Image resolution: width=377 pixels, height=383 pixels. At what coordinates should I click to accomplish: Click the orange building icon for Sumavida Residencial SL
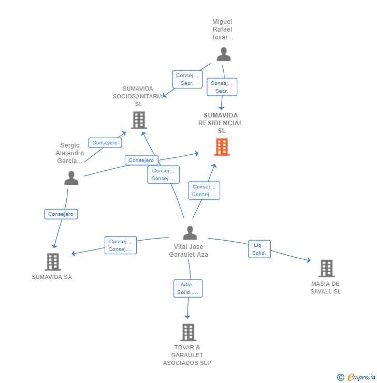click(x=222, y=147)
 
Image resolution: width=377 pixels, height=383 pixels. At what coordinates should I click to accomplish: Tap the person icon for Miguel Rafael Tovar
click(x=223, y=54)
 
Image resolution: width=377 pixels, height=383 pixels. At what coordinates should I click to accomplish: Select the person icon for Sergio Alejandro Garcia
click(x=71, y=178)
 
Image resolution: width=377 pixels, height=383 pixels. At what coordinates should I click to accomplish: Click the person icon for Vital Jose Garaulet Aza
click(x=190, y=233)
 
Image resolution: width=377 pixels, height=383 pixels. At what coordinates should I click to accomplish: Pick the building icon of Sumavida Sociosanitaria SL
click(x=139, y=120)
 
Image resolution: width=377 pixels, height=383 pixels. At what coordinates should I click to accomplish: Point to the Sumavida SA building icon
click(x=53, y=262)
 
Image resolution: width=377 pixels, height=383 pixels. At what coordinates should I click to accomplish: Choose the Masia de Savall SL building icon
click(x=326, y=269)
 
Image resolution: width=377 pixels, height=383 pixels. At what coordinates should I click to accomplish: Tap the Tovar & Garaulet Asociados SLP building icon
click(x=188, y=332)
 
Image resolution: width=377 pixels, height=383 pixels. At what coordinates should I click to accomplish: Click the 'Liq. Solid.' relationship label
click(x=259, y=249)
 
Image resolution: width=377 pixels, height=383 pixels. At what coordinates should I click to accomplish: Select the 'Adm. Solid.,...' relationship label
click(x=187, y=288)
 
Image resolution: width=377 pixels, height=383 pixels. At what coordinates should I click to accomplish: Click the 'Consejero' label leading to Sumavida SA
click(x=61, y=214)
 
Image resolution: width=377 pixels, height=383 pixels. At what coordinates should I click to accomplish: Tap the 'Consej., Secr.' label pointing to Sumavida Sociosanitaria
click(x=187, y=79)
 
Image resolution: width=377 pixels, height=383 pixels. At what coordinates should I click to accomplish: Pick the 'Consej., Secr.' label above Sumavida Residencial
click(x=222, y=87)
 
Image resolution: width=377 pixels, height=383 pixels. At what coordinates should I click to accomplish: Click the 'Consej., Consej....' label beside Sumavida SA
click(x=120, y=245)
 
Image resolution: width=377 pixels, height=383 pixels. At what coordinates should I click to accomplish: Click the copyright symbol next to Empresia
click(x=341, y=377)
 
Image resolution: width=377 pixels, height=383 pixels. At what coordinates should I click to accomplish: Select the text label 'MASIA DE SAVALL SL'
click(x=325, y=287)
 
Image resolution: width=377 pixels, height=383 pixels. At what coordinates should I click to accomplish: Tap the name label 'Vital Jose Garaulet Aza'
click(x=189, y=251)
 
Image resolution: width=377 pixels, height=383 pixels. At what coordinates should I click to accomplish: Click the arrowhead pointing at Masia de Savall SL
click(x=309, y=261)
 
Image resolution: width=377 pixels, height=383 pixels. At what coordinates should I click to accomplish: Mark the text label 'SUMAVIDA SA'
click(x=52, y=277)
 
